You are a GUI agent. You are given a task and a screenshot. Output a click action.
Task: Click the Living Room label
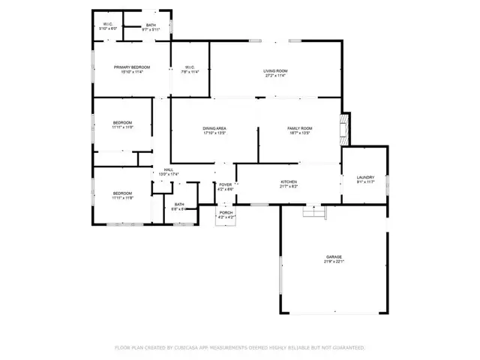(x=276, y=70)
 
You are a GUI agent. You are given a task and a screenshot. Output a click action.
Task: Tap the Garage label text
(x=334, y=256)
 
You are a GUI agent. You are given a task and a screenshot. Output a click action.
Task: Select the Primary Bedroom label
(x=127, y=67)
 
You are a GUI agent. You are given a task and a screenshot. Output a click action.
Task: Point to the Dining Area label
(x=214, y=128)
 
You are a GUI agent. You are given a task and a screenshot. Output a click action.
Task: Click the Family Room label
(x=300, y=128)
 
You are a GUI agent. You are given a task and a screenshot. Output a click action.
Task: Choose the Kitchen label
(x=289, y=181)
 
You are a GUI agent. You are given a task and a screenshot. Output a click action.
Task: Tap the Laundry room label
(x=365, y=177)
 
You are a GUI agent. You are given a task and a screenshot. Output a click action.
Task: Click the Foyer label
(x=225, y=184)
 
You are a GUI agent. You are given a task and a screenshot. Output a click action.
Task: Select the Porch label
(x=226, y=213)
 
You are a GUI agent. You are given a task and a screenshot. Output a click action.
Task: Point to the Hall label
(x=169, y=170)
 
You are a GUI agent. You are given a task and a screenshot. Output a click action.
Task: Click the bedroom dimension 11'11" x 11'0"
(x=122, y=127)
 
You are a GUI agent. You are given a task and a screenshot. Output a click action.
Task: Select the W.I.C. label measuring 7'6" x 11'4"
(x=190, y=73)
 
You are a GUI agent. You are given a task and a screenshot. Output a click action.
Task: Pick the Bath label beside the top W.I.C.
(x=151, y=25)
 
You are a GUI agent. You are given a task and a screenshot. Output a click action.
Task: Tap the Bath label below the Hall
(x=179, y=204)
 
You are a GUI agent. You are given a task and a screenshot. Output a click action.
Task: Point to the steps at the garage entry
(x=315, y=212)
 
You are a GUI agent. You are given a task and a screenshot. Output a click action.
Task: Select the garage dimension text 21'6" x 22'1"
(x=334, y=262)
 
